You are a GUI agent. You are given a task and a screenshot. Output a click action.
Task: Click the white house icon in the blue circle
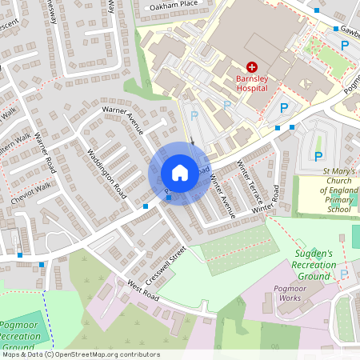pyautogui.click(x=179, y=173)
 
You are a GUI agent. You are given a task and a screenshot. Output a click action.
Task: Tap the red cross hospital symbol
pyautogui.click(x=252, y=68)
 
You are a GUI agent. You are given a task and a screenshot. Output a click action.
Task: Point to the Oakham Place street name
pyautogui.click(x=173, y=5)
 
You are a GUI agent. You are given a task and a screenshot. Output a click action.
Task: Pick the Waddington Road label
pyautogui.click(x=106, y=174)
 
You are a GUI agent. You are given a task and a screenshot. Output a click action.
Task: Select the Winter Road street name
pyautogui.click(x=266, y=201)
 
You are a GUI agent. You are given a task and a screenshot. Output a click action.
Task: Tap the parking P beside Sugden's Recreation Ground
pyautogui.click(x=344, y=274)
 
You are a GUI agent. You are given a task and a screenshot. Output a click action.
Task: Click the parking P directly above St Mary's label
pyautogui.click(x=318, y=156)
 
